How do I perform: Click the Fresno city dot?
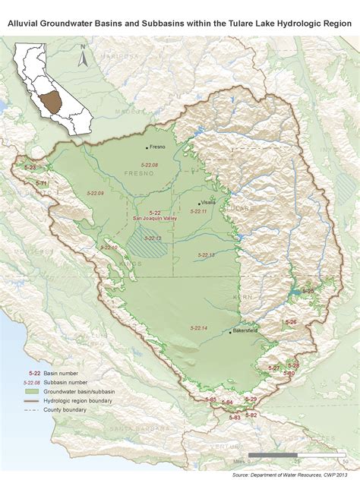point(147,147)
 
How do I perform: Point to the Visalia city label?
point(210,204)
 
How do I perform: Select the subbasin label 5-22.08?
point(150,165)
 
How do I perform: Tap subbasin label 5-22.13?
point(205,254)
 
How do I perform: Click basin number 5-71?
point(42,184)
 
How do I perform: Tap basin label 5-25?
point(308,290)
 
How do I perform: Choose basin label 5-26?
point(291,322)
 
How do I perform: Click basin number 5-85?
point(211,399)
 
